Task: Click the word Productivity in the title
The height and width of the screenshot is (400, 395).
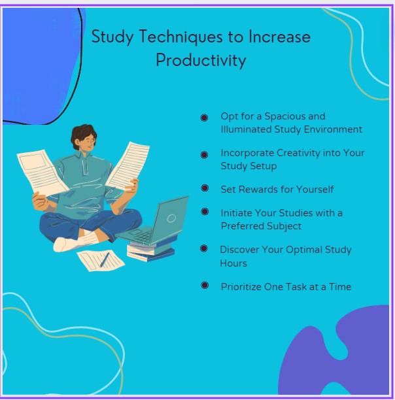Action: tap(201, 60)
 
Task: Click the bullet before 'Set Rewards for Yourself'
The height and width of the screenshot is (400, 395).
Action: tap(205, 188)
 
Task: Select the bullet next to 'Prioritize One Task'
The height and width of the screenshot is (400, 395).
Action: tap(205, 286)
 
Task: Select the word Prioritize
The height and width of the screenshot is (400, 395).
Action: tap(242, 286)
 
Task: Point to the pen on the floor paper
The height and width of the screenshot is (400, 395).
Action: tap(104, 260)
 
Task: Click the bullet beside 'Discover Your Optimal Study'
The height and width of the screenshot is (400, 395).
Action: tap(205, 249)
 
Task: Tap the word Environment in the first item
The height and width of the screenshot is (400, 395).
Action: tap(334, 129)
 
